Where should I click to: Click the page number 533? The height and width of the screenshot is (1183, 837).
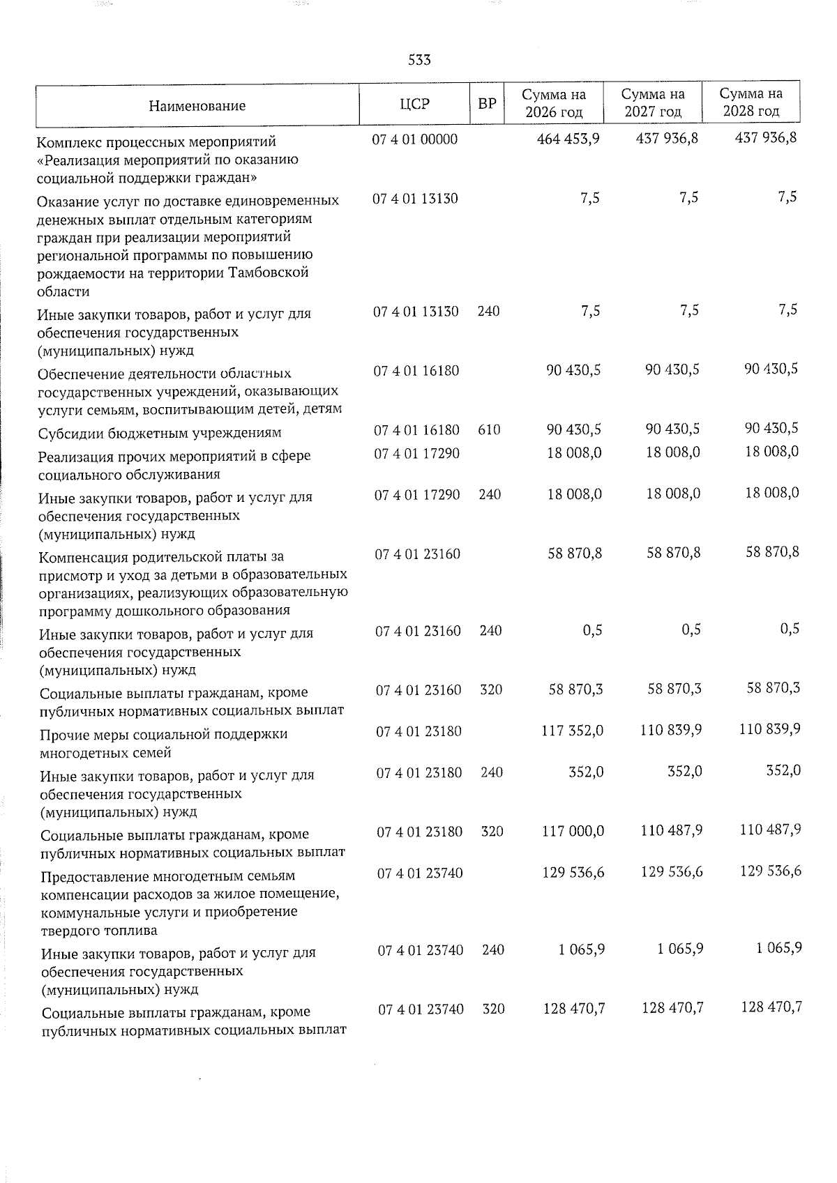419,61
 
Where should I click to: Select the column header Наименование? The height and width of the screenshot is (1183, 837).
197,106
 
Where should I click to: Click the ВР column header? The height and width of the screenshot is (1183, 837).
487,105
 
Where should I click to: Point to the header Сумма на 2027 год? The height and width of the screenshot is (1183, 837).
652,102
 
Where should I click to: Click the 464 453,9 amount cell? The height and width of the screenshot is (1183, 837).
568,139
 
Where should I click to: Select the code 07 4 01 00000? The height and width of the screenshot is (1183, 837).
415,139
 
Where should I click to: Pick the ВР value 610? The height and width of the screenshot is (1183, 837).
489,430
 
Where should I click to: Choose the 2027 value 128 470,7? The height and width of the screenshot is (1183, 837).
671,1008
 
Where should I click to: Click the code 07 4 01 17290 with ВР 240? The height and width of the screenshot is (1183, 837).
417,494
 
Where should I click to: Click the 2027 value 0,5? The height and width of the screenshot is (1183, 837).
691,629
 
